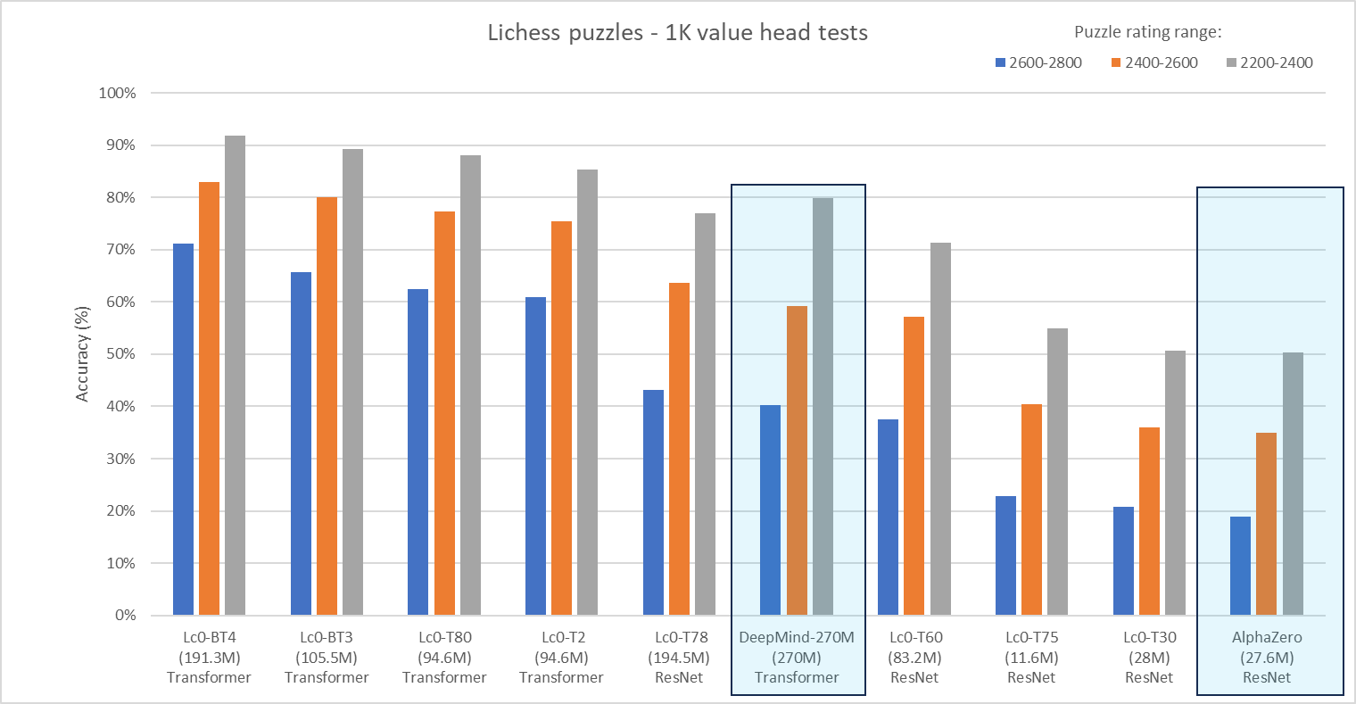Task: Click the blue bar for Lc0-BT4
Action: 183,429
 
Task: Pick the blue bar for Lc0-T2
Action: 535,456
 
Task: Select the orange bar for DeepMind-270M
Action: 797,460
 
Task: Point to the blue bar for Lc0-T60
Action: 888,518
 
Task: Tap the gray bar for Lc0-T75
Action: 1057,472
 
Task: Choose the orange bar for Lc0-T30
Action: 1149,521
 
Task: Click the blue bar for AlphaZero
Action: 1240,566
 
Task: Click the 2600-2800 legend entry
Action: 1038,62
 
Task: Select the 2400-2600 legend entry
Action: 1154,62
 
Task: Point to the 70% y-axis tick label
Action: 118,250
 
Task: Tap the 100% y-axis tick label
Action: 116,93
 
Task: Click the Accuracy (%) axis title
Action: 83,354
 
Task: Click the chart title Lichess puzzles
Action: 677,33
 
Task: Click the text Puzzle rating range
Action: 1147,32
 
